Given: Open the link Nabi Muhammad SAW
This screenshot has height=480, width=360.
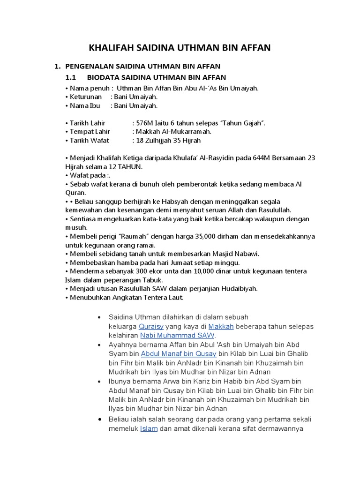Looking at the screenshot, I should coord(178,336).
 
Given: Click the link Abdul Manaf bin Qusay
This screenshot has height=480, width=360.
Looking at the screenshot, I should coord(179,354).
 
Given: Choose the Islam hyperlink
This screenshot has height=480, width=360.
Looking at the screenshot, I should coord(149,428).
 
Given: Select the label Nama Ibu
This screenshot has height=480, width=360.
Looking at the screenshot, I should coord(84,105).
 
